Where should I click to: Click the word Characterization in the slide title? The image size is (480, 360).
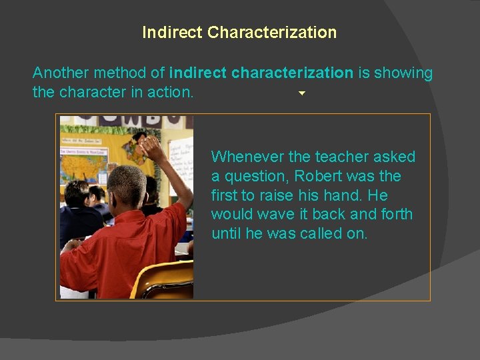pyautogui.click(x=272, y=32)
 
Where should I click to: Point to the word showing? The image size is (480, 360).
pyautogui.click(x=403, y=73)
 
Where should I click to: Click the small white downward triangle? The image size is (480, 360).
pyautogui.click(x=301, y=93)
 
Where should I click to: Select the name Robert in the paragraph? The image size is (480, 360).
pyautogui.click(x=319, y=176)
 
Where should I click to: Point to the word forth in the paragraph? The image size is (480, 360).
pyautogui.click(x=395, y=215)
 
